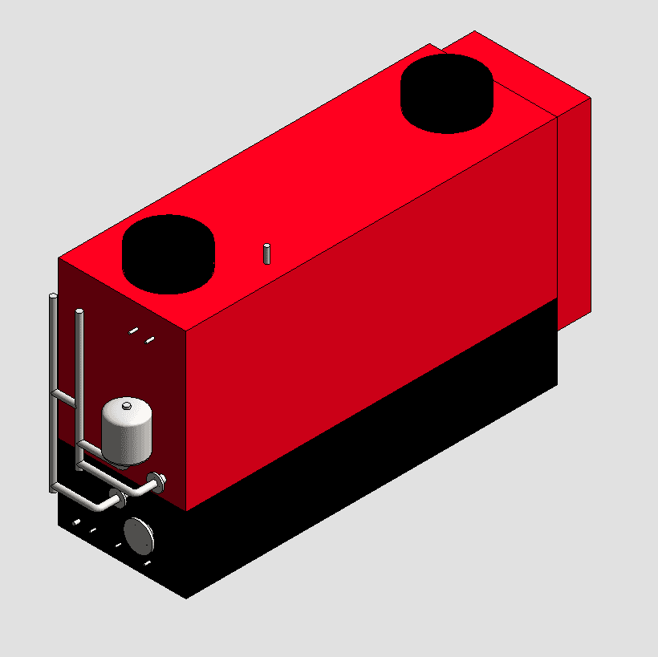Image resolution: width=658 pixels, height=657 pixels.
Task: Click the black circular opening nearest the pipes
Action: pos(169,253)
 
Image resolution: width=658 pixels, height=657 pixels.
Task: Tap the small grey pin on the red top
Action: pos(267,253)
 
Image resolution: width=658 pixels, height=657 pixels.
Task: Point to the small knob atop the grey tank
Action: pos(127,407)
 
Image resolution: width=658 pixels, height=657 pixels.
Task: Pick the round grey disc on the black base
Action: pos(140,535)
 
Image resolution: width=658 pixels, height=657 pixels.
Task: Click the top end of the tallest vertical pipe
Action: pos(53,298)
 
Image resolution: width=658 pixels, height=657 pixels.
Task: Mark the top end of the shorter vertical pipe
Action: pos(79,311)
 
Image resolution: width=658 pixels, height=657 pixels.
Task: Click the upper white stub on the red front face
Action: pos(133,330)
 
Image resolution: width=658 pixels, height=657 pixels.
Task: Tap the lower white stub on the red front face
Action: pos(149,340)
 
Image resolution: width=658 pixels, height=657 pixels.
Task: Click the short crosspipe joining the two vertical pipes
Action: pos(64,396)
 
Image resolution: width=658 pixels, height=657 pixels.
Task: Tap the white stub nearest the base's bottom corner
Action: pos(147,563)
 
